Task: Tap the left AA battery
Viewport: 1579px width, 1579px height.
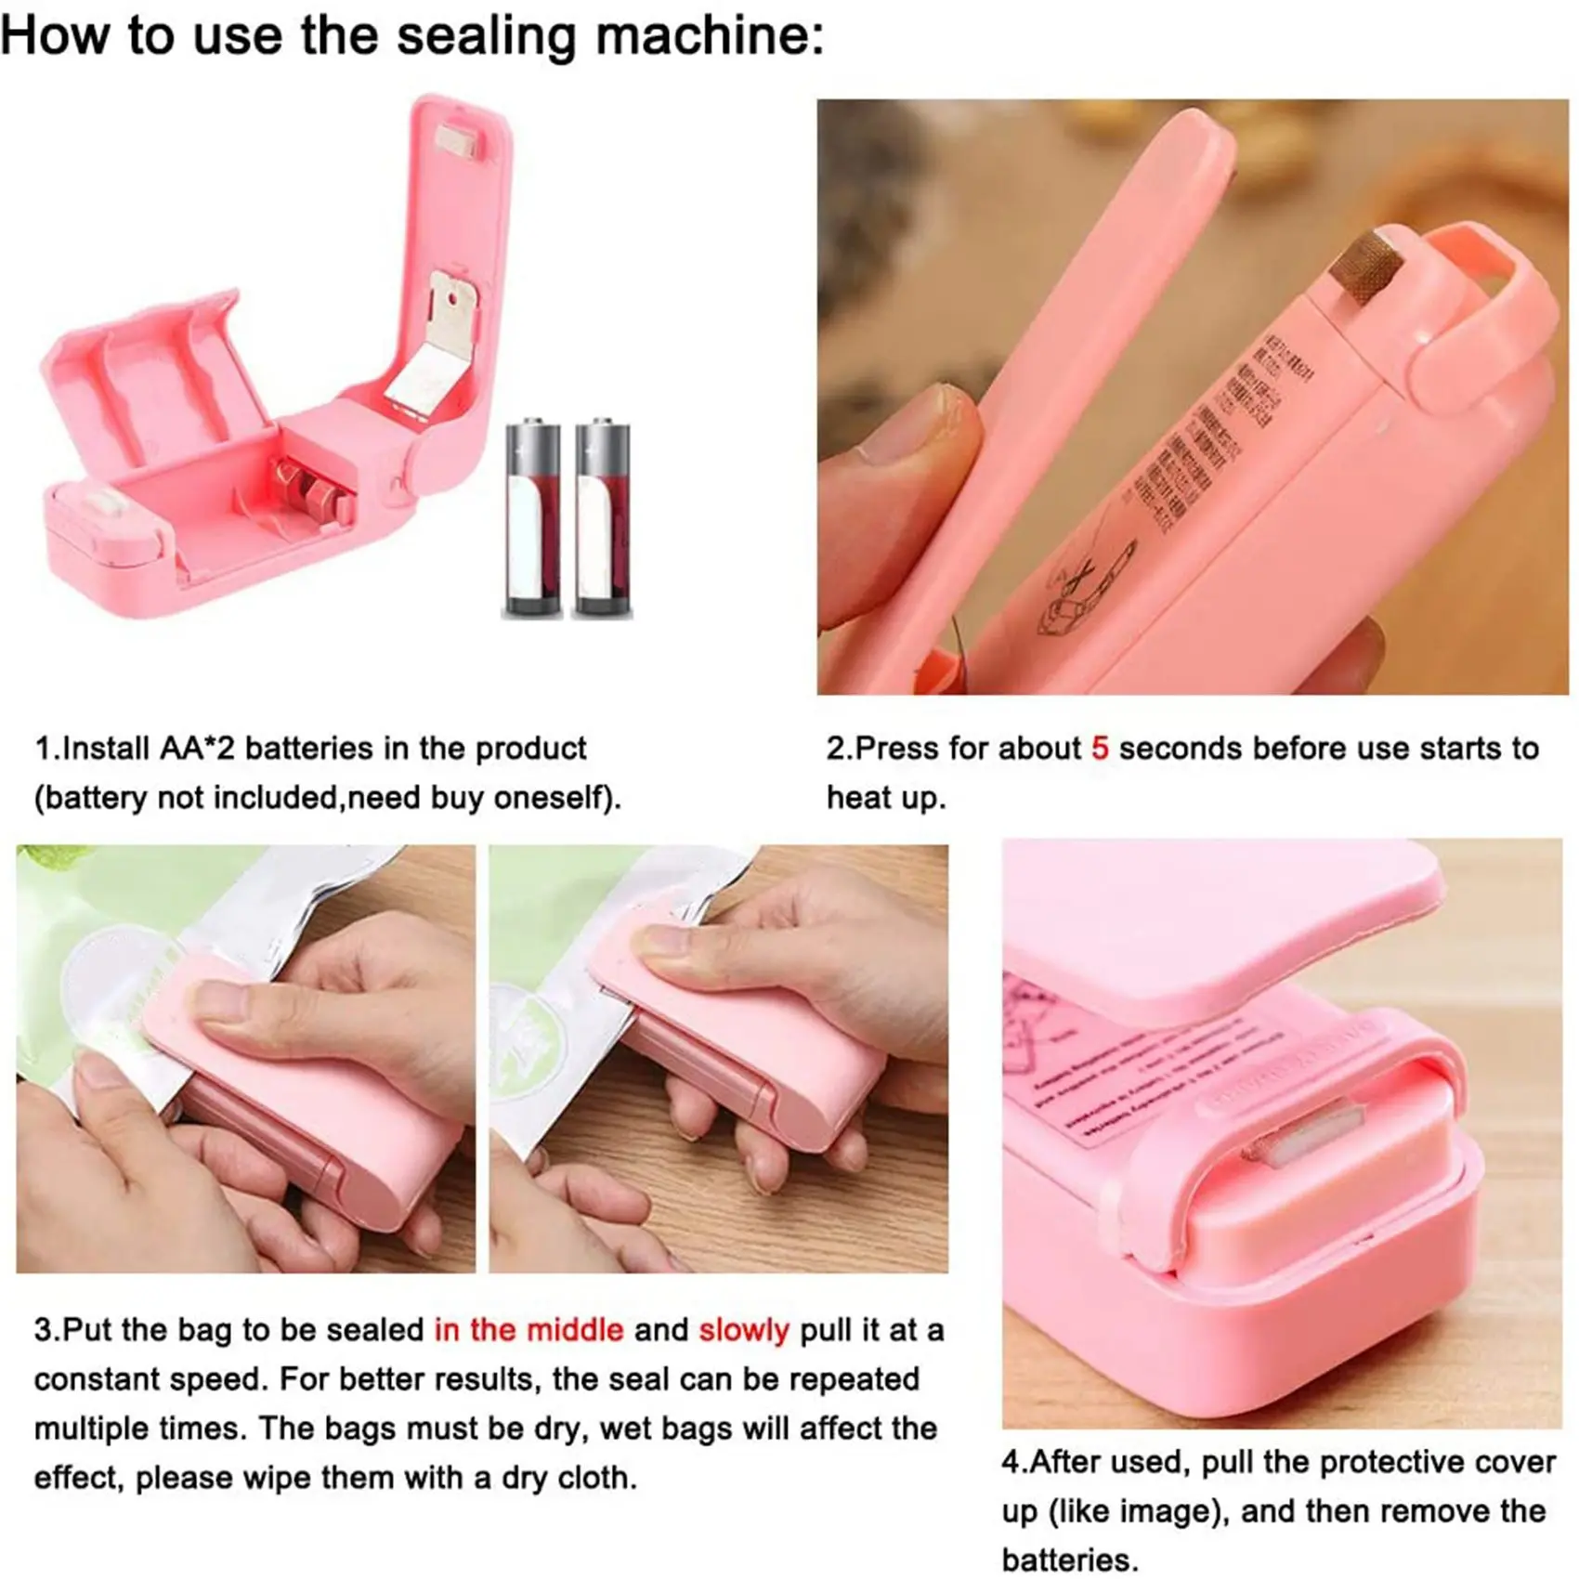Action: (x=533, y=518)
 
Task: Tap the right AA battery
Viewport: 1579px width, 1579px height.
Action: (x=603, y=518)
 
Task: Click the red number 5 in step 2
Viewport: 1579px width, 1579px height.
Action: (x=1100, y=749)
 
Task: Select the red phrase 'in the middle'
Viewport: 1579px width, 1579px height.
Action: (x=529, y=1330)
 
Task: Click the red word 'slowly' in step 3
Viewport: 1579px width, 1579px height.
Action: (x=744, y=1330)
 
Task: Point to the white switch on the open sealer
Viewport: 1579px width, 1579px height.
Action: (x=110, y=508)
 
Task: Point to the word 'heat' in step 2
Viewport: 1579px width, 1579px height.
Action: (x=859, y=797)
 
